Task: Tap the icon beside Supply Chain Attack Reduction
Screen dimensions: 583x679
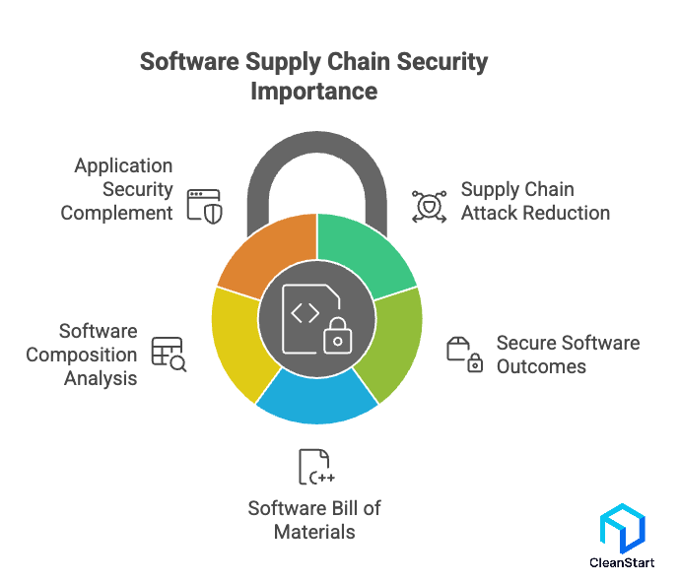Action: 429,201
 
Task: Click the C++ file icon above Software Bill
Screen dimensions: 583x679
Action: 315,468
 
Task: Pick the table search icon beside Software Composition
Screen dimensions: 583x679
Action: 169,354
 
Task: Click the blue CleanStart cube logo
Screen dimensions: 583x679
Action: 621,531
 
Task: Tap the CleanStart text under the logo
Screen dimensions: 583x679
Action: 621,563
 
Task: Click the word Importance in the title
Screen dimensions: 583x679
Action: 313,91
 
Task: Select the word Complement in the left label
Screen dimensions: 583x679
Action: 116,213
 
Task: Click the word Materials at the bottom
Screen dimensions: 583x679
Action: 315,532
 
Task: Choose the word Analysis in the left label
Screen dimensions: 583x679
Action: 101,378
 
